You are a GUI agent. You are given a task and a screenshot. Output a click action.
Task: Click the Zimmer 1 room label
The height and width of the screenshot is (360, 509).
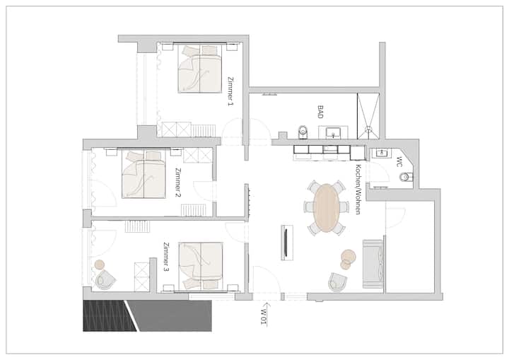tap(230, 91)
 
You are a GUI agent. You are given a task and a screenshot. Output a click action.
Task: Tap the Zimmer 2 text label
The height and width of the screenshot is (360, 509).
tap(177, 182)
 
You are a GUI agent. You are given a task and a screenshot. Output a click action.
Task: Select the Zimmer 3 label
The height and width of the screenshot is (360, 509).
tap(165, 257)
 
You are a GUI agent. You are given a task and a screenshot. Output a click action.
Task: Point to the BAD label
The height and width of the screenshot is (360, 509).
tap(320, 112)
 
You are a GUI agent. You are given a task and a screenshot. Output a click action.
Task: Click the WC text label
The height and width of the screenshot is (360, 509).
tap(399, 161)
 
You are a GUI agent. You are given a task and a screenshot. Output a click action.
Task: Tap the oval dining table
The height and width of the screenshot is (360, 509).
tap(326, 208)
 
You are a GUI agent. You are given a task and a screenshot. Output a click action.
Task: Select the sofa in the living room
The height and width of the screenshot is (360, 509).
tap(372, 264)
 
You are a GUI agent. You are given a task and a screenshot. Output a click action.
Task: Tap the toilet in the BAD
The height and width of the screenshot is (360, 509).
tap(303, 132)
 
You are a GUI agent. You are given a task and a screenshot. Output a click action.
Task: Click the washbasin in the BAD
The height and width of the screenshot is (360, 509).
tap(333, 132)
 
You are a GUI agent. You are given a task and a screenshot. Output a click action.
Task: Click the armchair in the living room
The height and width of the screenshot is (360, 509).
tap(337, 282)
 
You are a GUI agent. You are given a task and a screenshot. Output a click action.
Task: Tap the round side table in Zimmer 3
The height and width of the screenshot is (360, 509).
tap(100, 265)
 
